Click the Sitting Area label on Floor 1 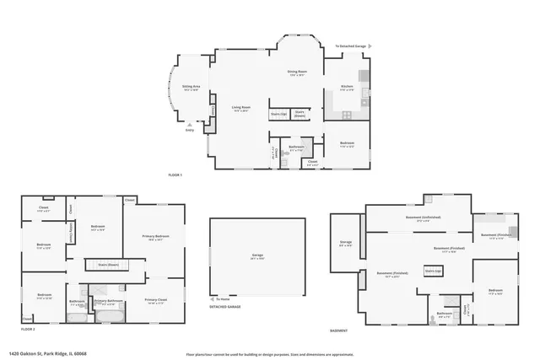click(x=191, y=87)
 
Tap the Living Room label click(x=241, y=108)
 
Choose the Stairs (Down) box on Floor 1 click(x=300, y=114)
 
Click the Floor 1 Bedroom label click(x=347, y=144)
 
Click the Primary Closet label click(x=155, y=301)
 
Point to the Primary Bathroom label click(x=109, y=302)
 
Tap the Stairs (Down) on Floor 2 click(x=108, y=265)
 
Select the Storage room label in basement click(x=346, y=245)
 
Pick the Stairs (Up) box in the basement click(x=433, y=271)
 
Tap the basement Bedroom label click(x=495, y=293)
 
